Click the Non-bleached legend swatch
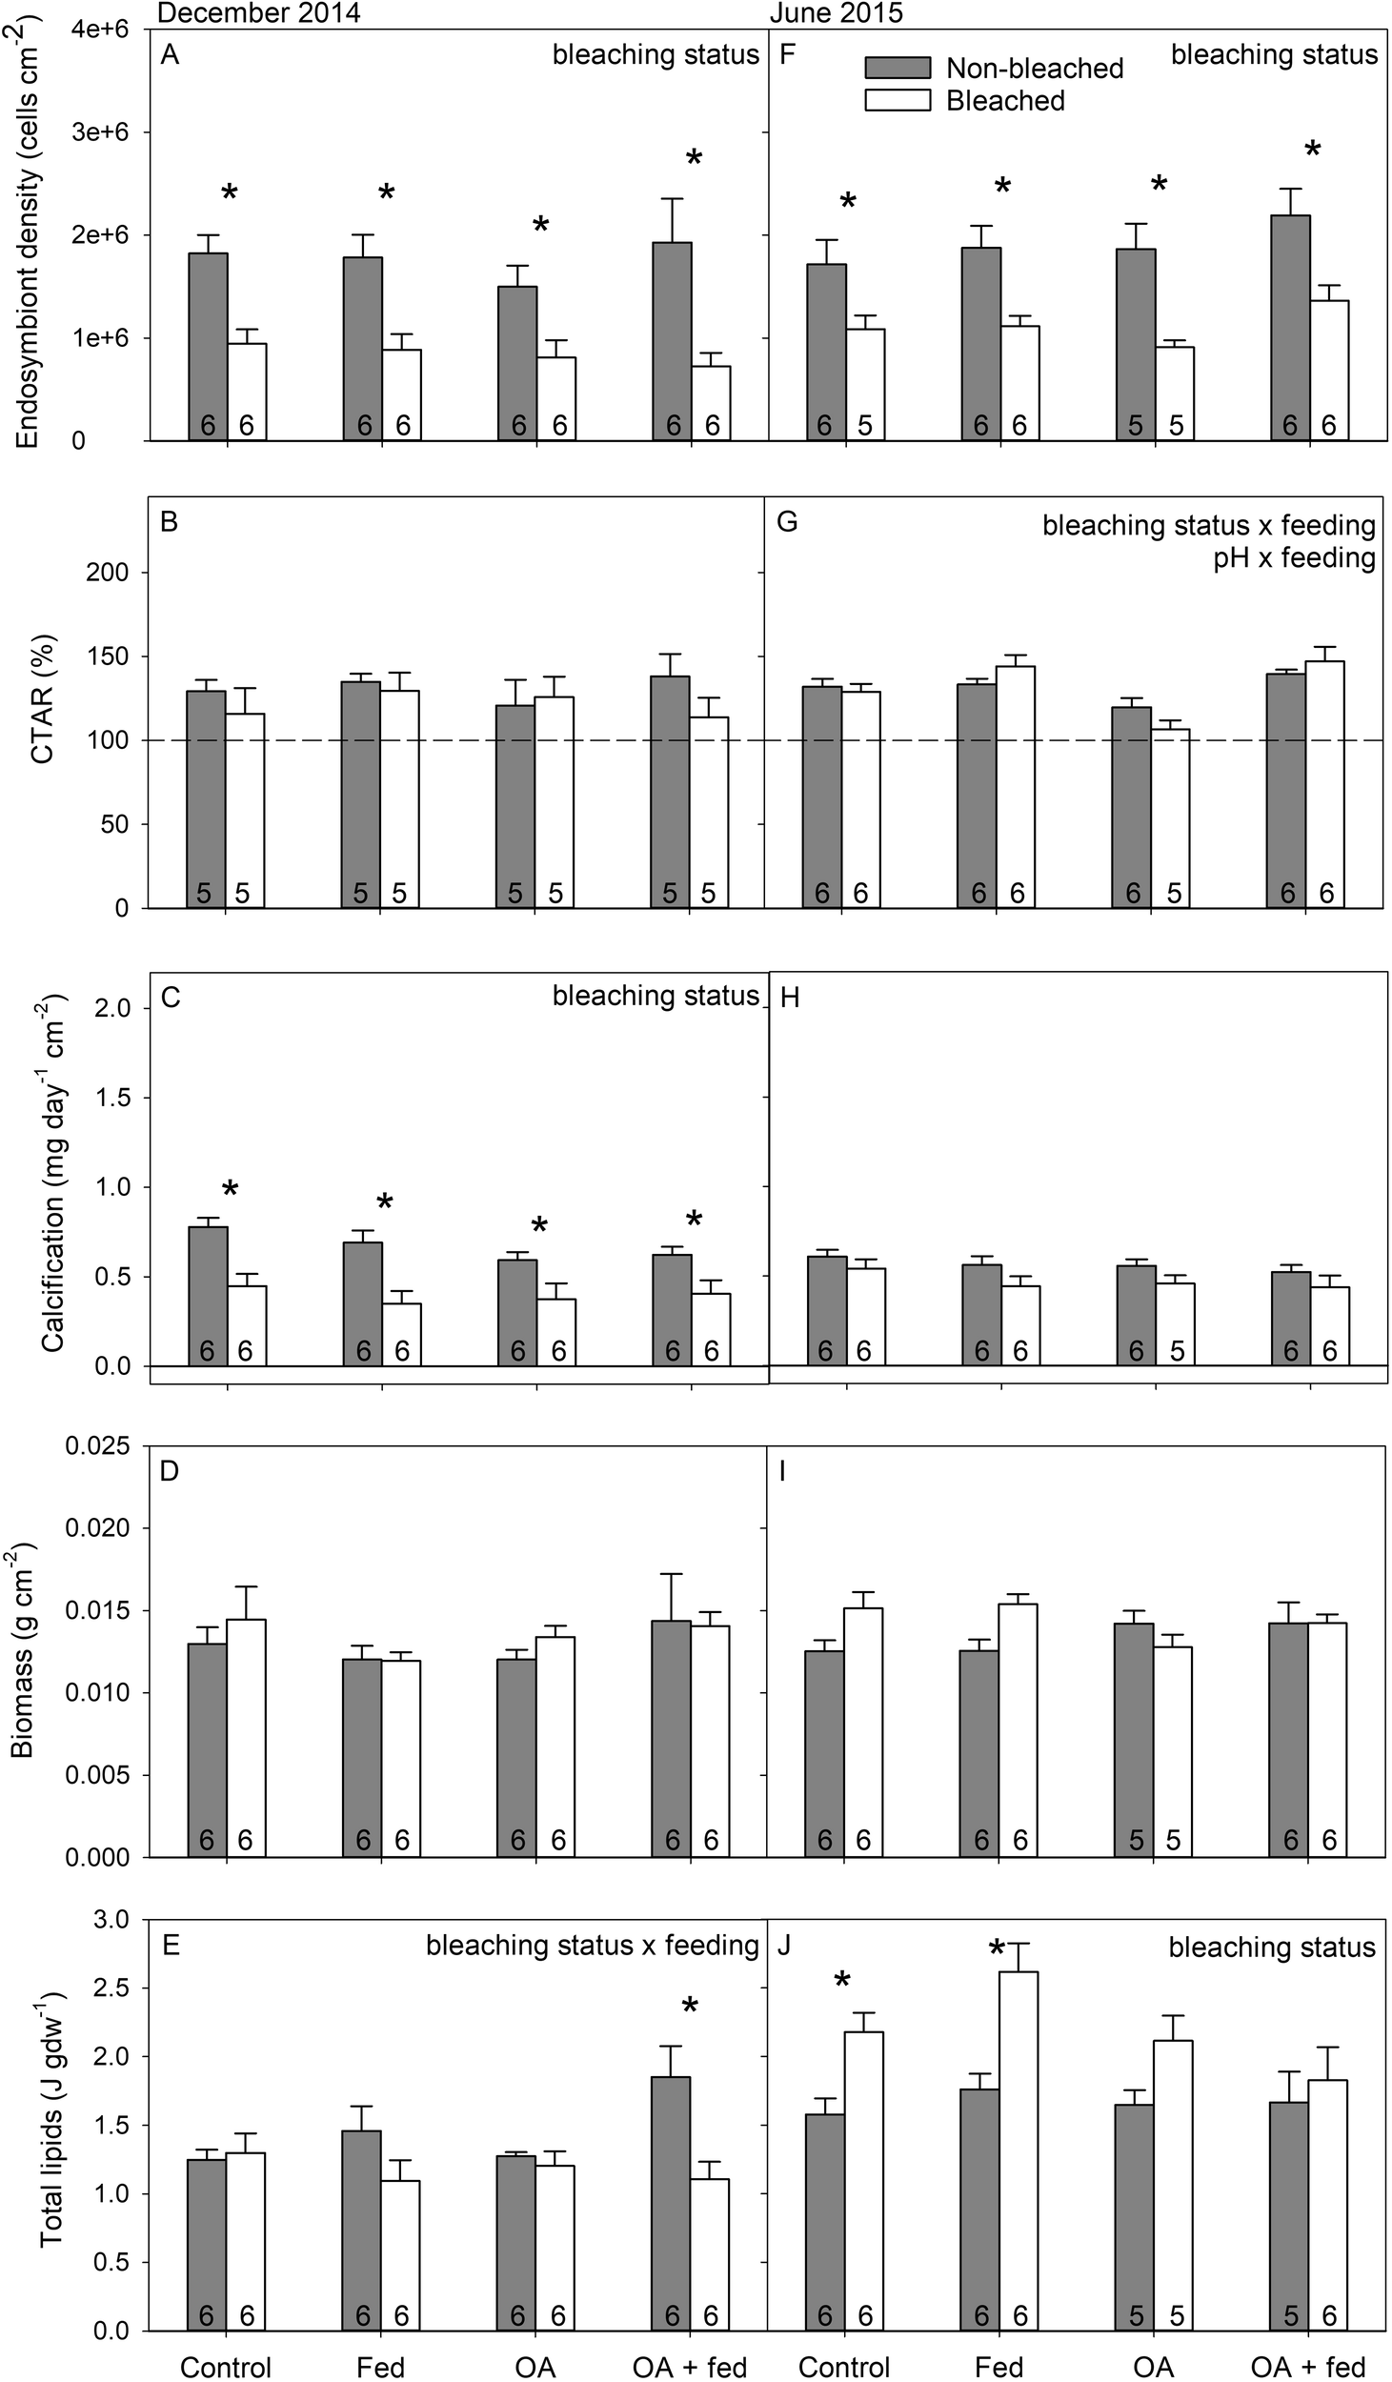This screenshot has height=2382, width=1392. [897, 68]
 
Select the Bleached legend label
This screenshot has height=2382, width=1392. [1005, 100]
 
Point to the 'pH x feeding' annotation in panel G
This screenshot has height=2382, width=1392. [1294, 557]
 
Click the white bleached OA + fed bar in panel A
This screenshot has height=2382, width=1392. [711, 403]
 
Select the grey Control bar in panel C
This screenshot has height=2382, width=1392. [208, 1296]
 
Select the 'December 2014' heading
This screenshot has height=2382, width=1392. [258, 12]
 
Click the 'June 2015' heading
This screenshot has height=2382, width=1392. [836, 12]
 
